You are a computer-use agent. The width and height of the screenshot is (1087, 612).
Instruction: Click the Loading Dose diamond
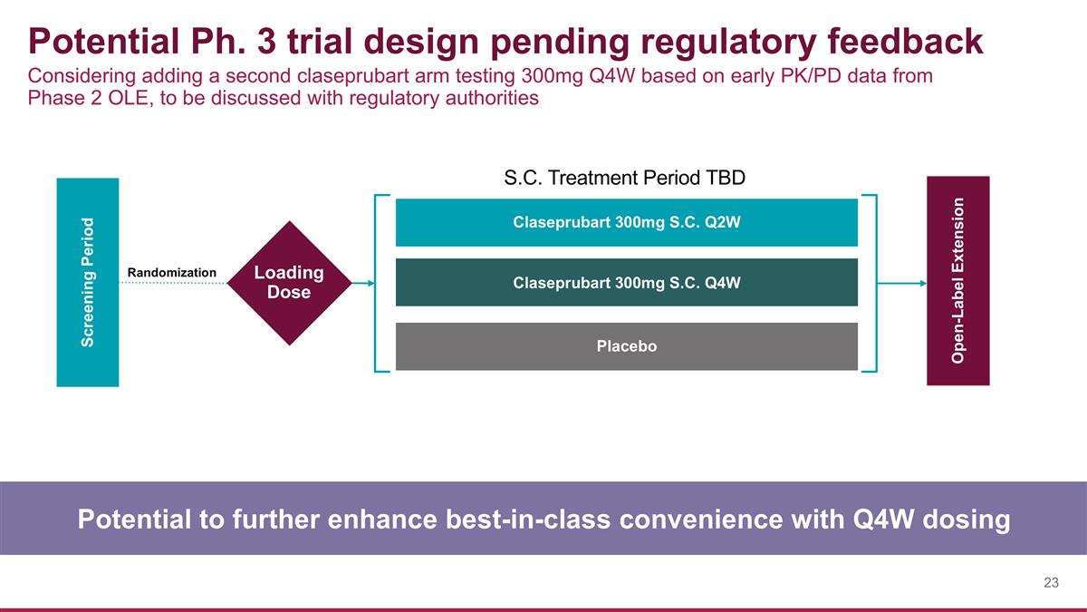click(x=288, y=283)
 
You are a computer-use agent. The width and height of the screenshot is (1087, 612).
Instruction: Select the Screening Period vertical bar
click(x=88, y=282)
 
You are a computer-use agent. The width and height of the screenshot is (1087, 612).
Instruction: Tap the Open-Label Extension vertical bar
click(x=957, y=280)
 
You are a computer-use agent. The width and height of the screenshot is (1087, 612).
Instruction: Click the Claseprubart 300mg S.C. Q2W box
click(x=626, y=222)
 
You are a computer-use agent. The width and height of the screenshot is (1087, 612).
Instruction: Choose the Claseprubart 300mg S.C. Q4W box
click(x=626, y=282)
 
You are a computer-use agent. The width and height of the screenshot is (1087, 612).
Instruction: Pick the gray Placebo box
click(x=626, y=346)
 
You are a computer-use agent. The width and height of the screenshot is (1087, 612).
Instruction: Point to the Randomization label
click(x=172, y=272)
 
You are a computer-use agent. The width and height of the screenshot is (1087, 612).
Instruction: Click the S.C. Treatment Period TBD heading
click(x=624, y=178)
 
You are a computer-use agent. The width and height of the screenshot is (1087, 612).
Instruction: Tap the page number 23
click(x=1051, y=583)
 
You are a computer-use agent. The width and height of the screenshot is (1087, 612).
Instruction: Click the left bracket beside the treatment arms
click(x=376, y=283)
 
